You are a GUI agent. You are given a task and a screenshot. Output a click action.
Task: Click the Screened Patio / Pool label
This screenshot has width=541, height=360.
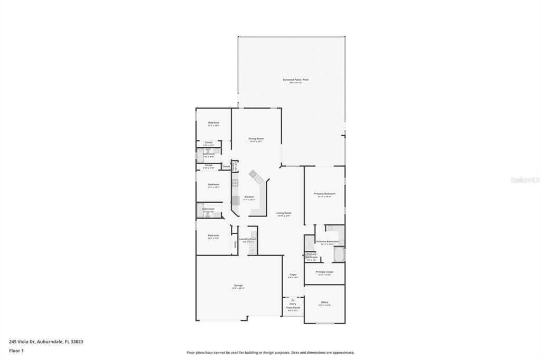tap(295, 80)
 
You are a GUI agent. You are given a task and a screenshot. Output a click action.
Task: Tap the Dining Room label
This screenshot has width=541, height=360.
tap(256, 139)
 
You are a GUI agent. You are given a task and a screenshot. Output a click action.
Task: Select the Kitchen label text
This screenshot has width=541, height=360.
tap(249, 197)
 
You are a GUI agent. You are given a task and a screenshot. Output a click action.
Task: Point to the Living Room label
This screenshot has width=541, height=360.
tap(284, 213)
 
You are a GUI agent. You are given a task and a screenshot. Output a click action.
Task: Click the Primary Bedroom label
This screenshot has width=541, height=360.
tap(325, 194)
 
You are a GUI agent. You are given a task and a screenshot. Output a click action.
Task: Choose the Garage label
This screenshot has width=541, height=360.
tap(238, 286)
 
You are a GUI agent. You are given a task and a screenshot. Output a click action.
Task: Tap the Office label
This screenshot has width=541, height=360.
tap(324, 302)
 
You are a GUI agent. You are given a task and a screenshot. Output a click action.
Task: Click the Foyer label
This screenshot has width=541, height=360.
tap(293, 274)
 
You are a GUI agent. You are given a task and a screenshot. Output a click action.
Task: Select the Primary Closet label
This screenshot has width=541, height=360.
tap(324, 272)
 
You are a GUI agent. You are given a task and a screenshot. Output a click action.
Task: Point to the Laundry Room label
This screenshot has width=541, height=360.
tap(247, 239)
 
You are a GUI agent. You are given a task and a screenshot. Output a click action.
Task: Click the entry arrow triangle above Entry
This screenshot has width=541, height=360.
tap(293, 300)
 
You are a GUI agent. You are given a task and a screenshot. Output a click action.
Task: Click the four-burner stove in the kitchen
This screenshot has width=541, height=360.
tap(235, 183)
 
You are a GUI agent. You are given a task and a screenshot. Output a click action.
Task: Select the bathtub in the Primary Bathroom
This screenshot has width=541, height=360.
tap(339, 255)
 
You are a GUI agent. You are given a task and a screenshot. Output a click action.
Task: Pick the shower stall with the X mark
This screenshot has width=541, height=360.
tap(310, 242)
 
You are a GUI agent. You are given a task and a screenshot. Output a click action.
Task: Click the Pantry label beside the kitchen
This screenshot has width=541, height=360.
tap(235, 165)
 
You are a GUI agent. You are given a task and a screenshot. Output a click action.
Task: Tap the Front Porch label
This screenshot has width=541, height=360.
tap(293, 308)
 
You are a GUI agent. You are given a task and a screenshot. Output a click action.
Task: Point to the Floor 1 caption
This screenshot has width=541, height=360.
tap(16, 350)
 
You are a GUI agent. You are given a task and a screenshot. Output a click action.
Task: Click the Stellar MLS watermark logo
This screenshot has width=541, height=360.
tap(525, 180)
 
